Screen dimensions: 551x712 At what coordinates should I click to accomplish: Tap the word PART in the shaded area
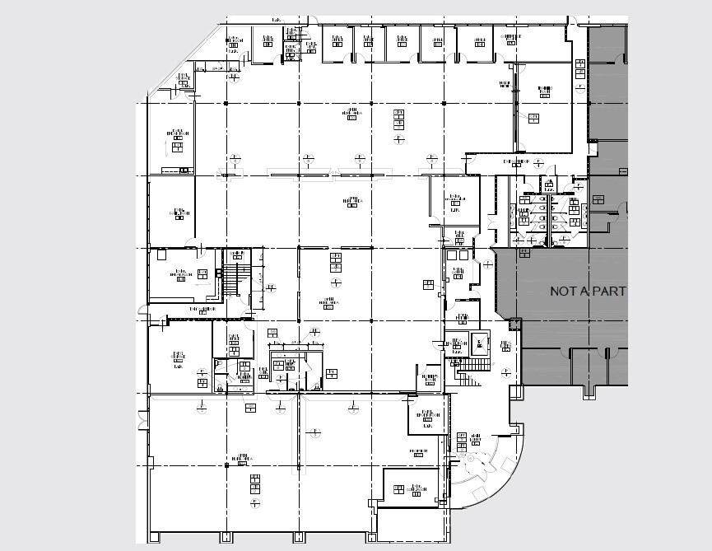(610, 292)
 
